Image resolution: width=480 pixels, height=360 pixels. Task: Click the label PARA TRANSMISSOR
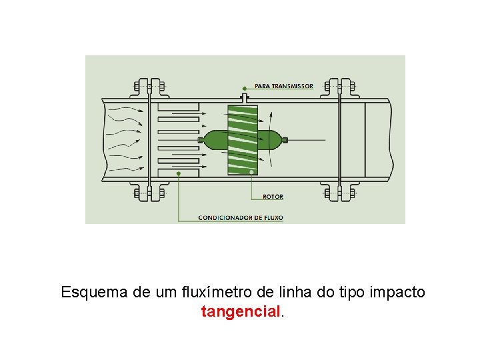[283, 87]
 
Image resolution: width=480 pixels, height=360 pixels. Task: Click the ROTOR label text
[273, 197]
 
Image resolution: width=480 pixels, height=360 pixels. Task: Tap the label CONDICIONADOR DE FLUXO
[241, 217]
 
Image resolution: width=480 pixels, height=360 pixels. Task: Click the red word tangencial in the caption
[241, 311]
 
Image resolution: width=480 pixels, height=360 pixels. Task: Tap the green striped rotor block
[242, 140]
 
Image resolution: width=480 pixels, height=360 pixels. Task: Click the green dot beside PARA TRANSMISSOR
[244, 87]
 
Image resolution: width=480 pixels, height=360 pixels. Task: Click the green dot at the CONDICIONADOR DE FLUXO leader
[179, 173]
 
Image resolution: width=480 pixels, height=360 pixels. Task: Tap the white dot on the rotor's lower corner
[251, 172]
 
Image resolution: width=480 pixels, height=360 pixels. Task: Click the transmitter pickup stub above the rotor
[245, 98]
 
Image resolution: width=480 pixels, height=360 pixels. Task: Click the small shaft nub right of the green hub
[285, 140]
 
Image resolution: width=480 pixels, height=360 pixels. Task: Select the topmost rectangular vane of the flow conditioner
[179, 107]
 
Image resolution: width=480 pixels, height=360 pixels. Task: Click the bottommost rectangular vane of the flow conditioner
[179, 173]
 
